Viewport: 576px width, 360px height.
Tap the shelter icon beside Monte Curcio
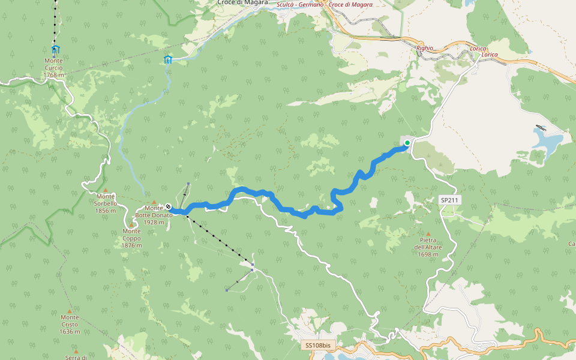pos(56,49)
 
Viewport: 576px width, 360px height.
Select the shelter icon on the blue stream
pos(168,59)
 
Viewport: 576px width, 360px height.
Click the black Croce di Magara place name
pos(242,3)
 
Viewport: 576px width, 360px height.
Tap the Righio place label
pos(424,47)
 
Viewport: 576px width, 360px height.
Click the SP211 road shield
pos(449,200)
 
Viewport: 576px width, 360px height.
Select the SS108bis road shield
pos(317,346)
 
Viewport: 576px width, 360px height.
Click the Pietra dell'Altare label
pos(428,247)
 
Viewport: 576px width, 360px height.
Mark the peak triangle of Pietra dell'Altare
pos(428,234)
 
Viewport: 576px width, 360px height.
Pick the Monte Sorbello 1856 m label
pos(106,203)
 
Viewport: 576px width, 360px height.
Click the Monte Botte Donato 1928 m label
pos(154,215)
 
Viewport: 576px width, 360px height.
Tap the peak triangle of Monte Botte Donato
pos(154,202)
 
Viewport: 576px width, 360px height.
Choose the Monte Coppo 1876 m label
pos(131,238)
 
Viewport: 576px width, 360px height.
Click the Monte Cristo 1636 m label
pos(70,324)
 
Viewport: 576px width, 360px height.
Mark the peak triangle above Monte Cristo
pos(70,311)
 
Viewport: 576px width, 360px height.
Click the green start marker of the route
pos(407,143)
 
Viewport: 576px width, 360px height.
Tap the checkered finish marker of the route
pos(168,207)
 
